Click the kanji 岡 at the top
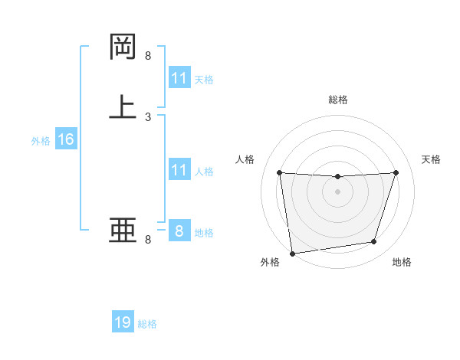click(x=123, y=47)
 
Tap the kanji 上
click(x=123, y=106)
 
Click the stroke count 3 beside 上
click(x=148, y=117)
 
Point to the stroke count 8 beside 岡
click(x=148, y=56)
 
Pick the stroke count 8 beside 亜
click(x=148, y=240)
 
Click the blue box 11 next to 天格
click(x=179, y=78)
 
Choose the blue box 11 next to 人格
click(x=179, y=170)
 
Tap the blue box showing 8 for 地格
click(x=179, y=231)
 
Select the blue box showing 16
click(x=66, y=139)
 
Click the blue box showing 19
click(x=123, y=322)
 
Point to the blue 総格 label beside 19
click(x=147, y=324)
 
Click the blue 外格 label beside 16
click(x=41, y=141)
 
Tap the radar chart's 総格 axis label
click(x=337, y=100)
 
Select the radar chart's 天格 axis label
click(x=432, y=159)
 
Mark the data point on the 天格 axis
click(x=396, y=172)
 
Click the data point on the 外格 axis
click(x=292, y=253)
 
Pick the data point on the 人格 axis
click(x=279, y=172)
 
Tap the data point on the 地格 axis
click(x=374, y=242)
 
